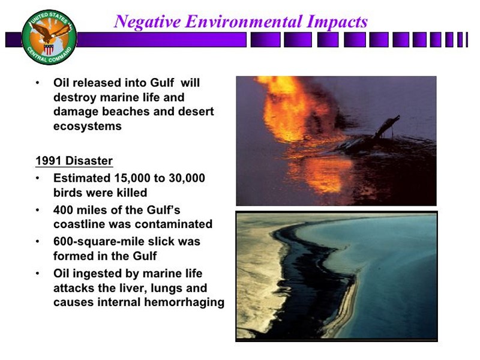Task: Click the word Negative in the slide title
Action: pyautogui.click(x=147, y=22)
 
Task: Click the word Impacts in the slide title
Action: pyautogui.click(x=337, y=22)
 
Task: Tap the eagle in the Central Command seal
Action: pyautogui.click(x=50, y=32)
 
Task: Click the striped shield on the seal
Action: pyautogui.click(x=49, y=49)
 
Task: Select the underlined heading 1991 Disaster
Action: pyautogui.click(x=74, y=161)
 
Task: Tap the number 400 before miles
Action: pyautogui.click(x=63, y=210)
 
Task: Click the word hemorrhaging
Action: pyautogui.click(x=184, y=302)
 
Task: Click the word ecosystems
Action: pyautogui.click(x=88, y=127)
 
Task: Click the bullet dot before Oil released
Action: pyautogui.click(x=38, y=83)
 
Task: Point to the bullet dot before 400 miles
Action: pyautogui.click(x=38, y=211)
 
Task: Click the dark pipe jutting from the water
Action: pyautogui.click(x=387, y=126)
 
